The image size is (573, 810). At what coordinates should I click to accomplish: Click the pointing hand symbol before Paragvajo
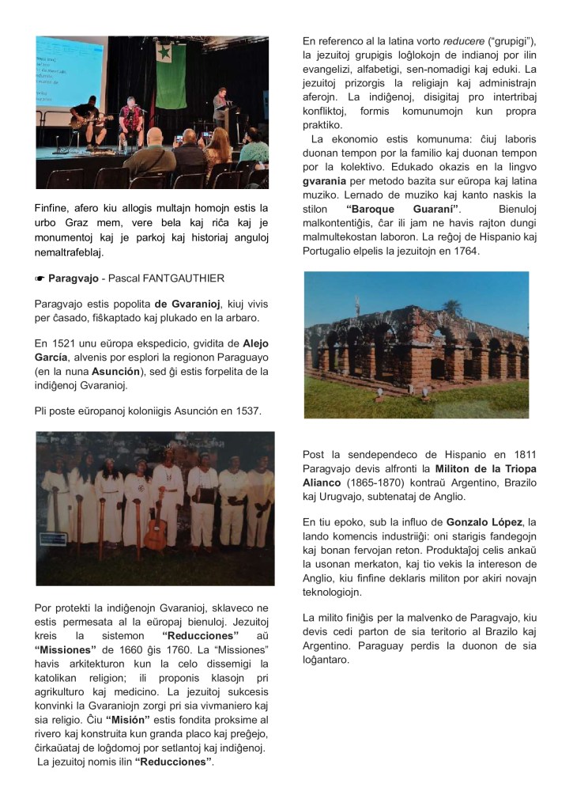point(40,278)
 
